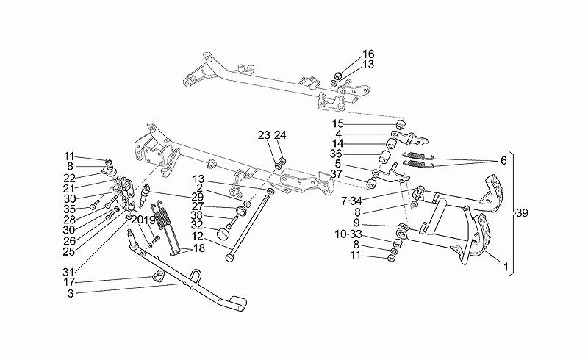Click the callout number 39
pos(522,213)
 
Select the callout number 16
pos(368,54)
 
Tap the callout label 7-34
pos(351,201)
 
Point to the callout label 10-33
pos(348,234)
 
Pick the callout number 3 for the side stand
pos(71,294)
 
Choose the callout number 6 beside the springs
pos(503,161)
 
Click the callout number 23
pos(264,135)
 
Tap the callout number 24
pos(280,135)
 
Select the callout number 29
pos(197,197)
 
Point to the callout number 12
pos(197,237)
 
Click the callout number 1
pos(506,267)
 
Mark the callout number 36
pos(336,154)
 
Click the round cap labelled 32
pos(223,233)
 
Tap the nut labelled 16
pos(337,75)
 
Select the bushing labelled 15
pos(401,124)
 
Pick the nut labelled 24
pos(282,161)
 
